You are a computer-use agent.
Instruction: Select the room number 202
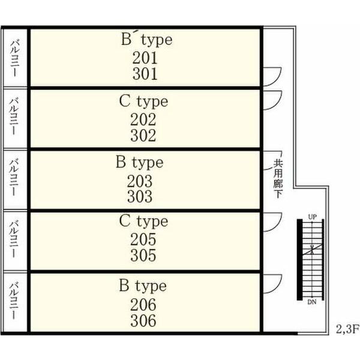point(143,119)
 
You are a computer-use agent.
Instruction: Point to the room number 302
point(143,135)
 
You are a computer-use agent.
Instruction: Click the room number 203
point(140,181)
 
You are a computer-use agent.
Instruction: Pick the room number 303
point(140,196)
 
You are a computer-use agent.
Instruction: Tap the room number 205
point(143,239)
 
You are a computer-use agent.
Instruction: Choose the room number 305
point(143,255)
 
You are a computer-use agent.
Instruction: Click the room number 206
point(143,304)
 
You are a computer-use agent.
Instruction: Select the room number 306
point(143,320)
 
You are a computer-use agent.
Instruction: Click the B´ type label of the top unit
point(146,40)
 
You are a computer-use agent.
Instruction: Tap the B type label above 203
point(140,163)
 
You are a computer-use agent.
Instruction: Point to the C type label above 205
point(143,221)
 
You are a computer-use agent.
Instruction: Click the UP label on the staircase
point(312,216)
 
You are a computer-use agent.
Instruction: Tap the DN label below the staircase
point(312,302)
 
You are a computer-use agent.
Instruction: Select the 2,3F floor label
point(347,329)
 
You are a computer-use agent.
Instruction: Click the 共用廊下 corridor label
point(278,178)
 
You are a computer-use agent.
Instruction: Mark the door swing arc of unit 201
point(273,75)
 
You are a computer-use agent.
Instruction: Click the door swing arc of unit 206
point(273,282)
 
